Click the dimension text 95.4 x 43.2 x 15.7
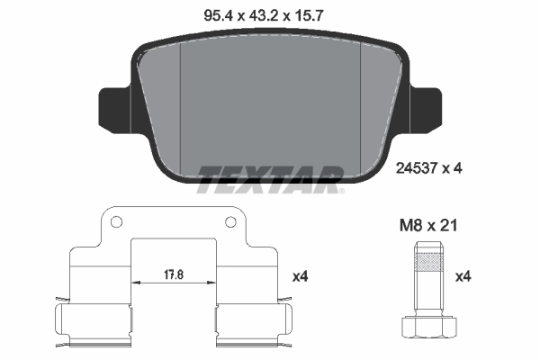click(x=270, y=15)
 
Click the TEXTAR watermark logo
click(x=270, y=178)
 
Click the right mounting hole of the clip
click(x=230, y=221)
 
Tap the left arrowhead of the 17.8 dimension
click(x=135, y=282)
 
